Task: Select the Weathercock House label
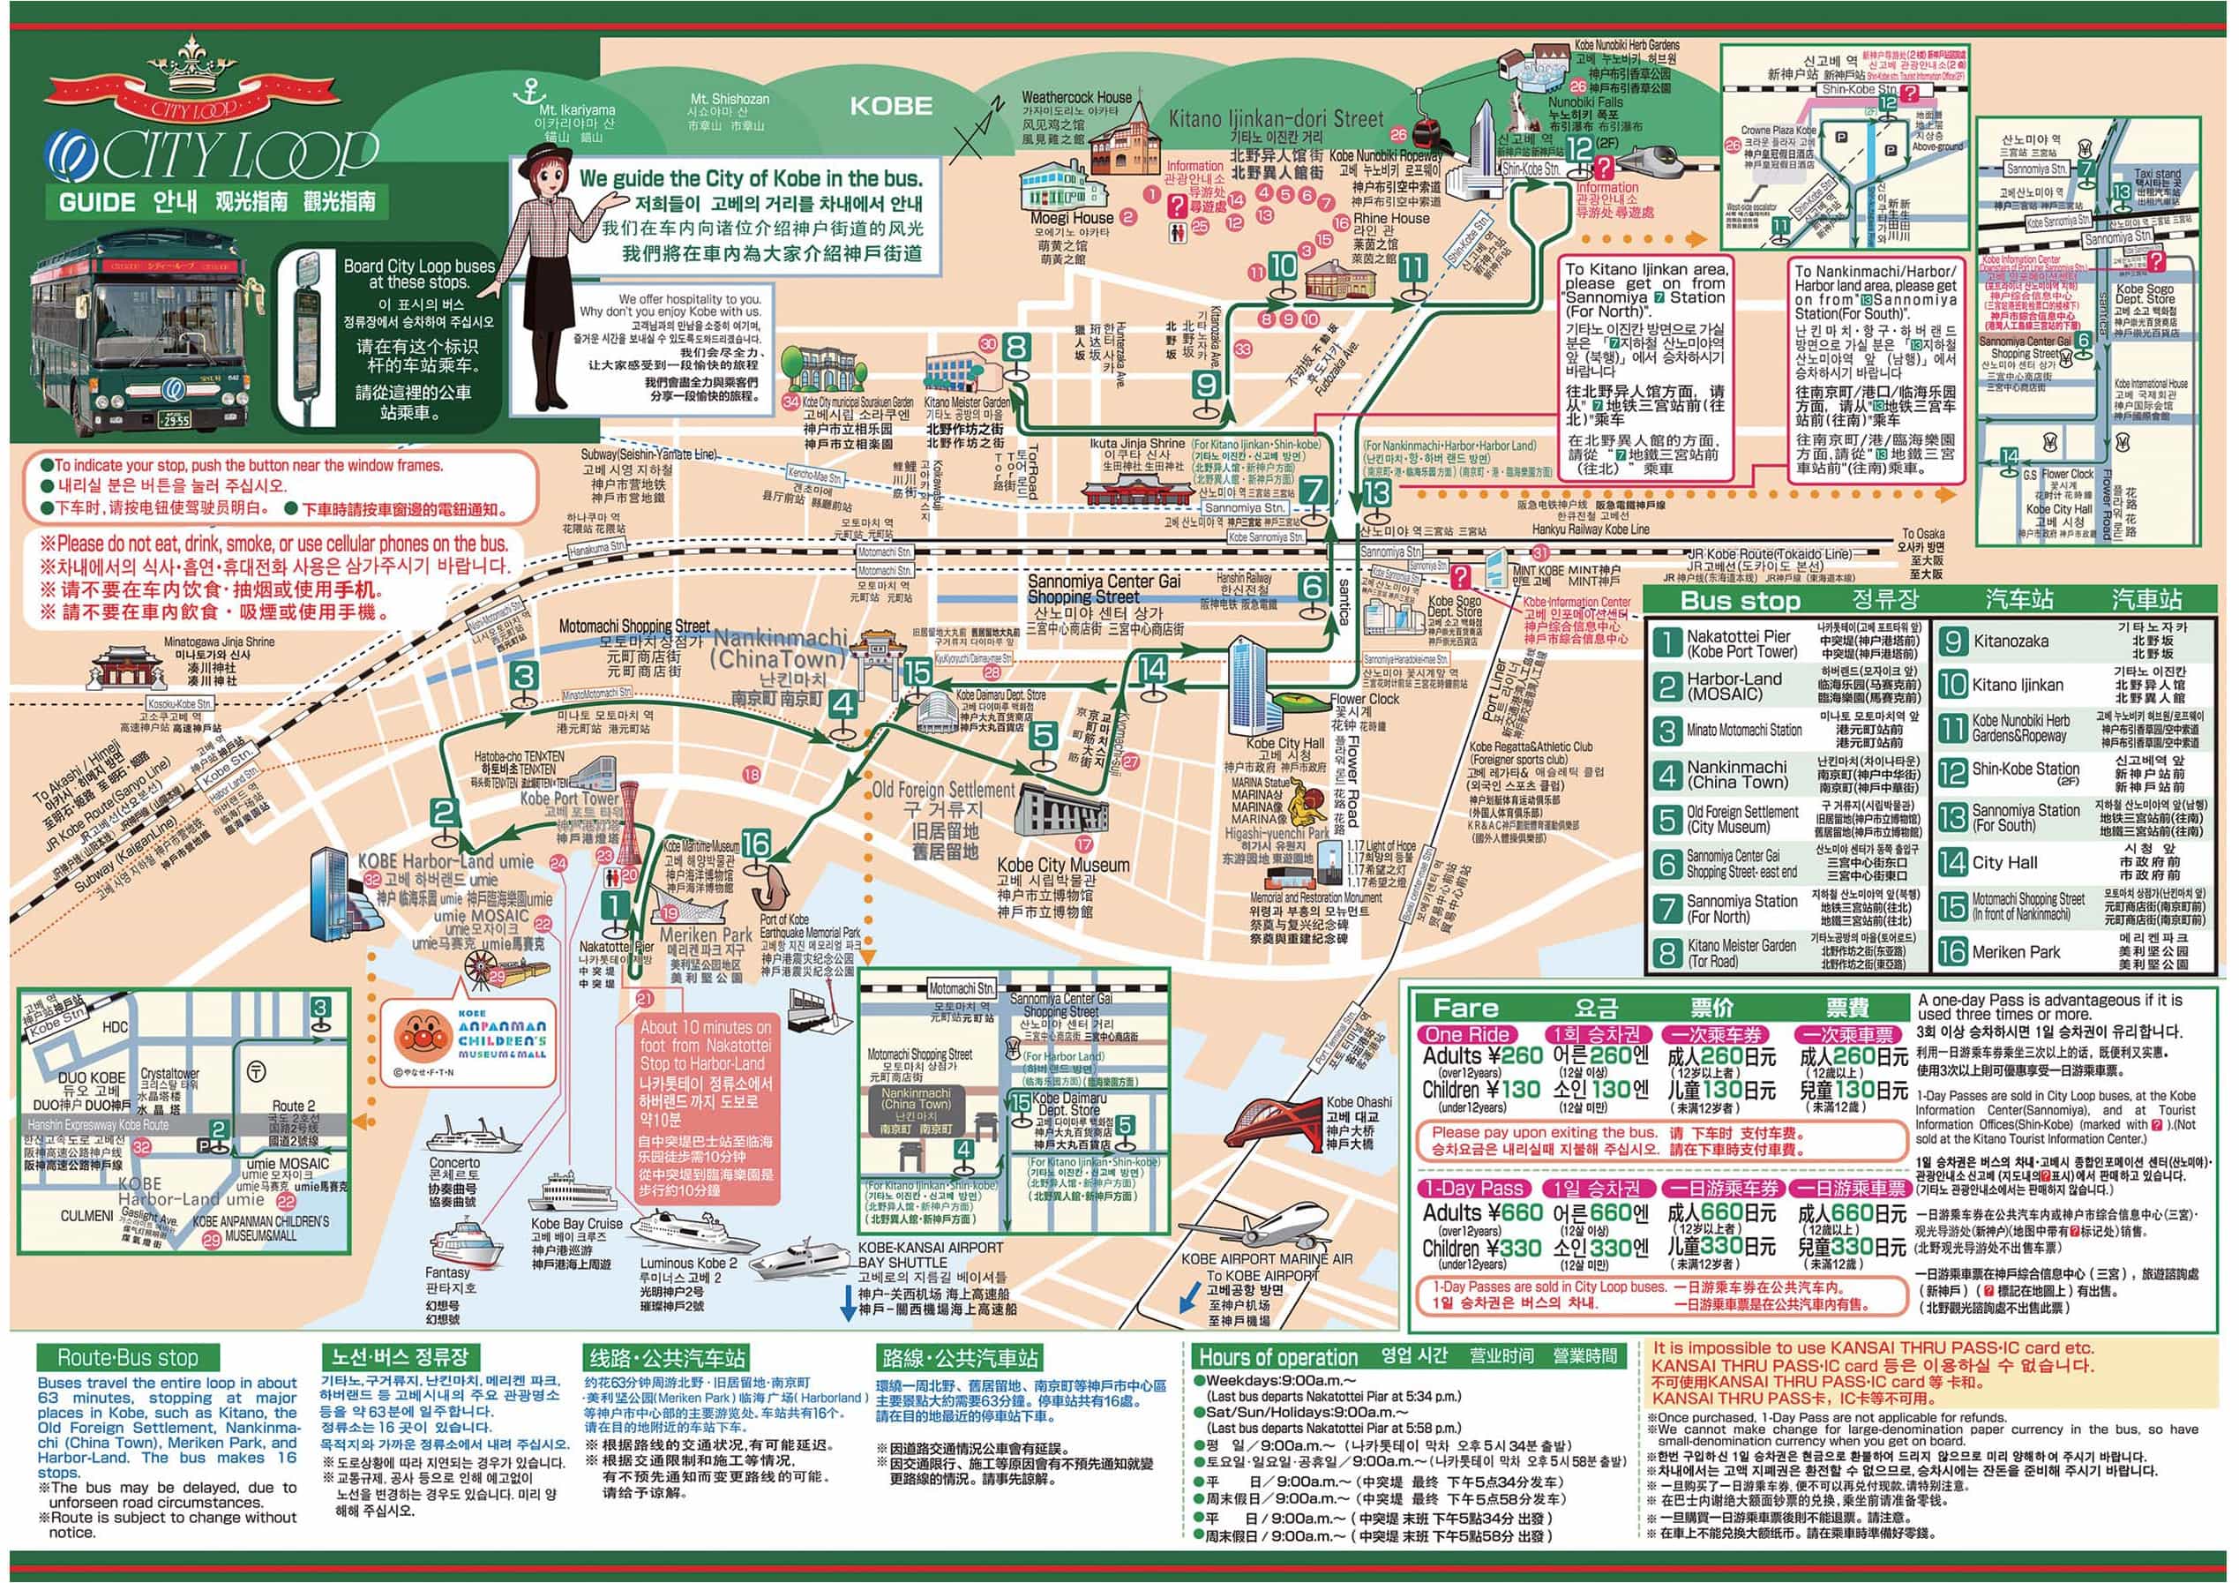(x=1076, y=98)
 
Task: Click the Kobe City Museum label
(x=1062, y=865)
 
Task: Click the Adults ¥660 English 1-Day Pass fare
(x=1482, y=1213)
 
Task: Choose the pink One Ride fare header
(x=1467, y=1035)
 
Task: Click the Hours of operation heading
(x=1277, y=1358)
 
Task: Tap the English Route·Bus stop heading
(x=127, y=1358)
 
